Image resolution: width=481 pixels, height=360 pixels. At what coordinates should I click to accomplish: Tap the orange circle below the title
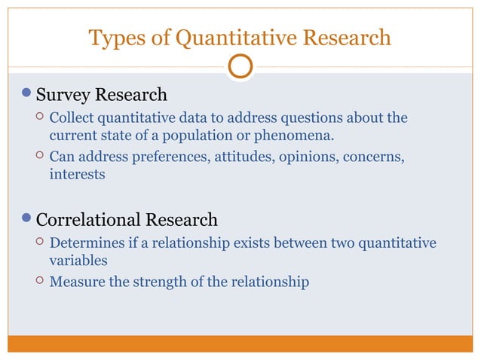click(x=240, y=66)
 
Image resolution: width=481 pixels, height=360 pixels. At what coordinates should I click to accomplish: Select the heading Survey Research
click(x=102, y=95)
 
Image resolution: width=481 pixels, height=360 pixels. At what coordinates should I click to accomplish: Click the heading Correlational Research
click(x=127, y=220)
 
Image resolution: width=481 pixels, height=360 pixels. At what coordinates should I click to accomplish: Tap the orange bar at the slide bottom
click(x=240, y=343)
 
